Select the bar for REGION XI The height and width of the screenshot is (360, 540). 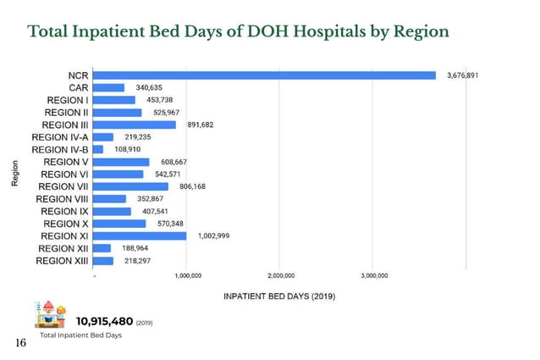140,235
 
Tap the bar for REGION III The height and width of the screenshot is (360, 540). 135,125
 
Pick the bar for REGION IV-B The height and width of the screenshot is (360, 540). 98,149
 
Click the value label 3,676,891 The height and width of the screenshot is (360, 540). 462,75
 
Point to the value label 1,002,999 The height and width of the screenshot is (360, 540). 213,235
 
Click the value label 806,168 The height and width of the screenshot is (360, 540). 193,186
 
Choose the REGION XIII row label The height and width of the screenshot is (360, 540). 62,261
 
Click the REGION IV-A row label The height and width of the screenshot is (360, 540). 60,137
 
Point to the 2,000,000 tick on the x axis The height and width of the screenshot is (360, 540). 281,275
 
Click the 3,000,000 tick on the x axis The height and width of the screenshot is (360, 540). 374,275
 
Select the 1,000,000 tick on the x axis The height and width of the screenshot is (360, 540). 187,275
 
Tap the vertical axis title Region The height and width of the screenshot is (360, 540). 15,174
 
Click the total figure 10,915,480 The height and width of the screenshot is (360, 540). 105,321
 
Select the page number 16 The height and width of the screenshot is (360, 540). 21,343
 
